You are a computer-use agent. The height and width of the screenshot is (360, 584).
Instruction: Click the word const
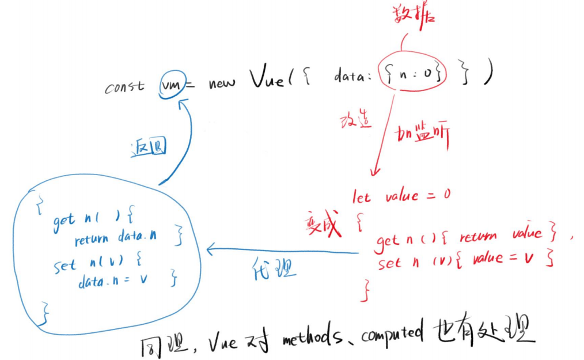pos(125,88)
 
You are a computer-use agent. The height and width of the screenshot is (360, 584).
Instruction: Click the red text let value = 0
pos(401,197)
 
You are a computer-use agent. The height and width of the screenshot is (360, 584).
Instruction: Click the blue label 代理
pos(274,268)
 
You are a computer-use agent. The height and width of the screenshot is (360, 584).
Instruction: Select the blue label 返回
pos(147,148)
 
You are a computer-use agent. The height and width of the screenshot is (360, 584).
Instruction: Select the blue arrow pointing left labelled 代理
pos(282,251)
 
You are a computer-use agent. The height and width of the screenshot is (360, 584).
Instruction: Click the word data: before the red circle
pos(352,78)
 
